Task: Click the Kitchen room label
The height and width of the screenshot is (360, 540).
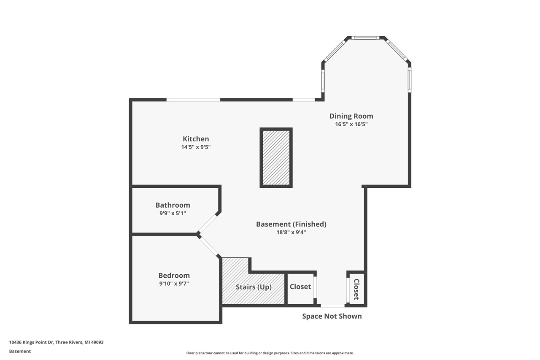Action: tap(196, 139)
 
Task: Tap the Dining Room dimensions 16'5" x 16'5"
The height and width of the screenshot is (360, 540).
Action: tap(351, 125)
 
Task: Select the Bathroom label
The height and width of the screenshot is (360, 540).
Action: tap(173, 205)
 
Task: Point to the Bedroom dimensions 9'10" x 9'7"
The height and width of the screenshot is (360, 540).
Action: tap(174, 284)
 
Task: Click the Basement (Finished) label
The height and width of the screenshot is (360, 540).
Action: tap(291, 224)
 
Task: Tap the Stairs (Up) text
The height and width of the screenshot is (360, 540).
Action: tap(254, 287)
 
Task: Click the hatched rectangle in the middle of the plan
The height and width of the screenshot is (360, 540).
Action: tap(276, 157)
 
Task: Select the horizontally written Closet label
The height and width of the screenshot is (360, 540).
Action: tap(300, 287)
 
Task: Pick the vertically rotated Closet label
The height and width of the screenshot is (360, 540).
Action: tap(356, 289)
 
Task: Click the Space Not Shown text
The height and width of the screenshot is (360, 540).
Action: tap(332, 316)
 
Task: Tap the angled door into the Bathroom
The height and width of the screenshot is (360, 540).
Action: tap(208, 223)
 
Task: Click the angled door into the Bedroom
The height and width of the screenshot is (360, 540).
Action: tap(209, 246)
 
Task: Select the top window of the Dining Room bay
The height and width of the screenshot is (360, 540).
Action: tap(365, 38)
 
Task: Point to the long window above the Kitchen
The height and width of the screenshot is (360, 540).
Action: tap(193, 100)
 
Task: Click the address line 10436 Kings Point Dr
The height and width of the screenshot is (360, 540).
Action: tap(56, 342)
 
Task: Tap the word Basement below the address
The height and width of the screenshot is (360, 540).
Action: tap(20, 351)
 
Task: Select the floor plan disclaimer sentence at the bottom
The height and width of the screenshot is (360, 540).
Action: tap(270, 353)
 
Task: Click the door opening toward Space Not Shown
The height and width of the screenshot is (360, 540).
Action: tap(332, 305)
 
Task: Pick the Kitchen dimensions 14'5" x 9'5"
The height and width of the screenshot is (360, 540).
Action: tap(196, 147)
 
